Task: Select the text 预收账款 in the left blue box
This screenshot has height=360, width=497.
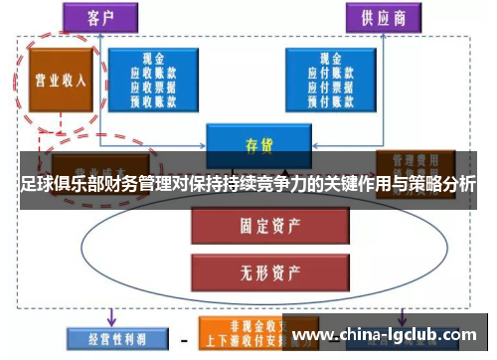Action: [x=153, y=99]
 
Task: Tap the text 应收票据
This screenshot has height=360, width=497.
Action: [x=153, y=87]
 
